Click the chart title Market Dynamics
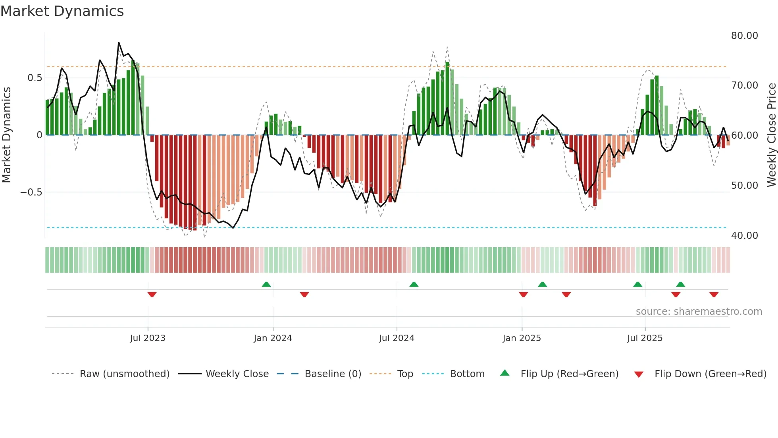coord(62,11)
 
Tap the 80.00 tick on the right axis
coord(744,36)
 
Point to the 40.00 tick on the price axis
coord(744,236)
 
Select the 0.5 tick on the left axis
coord(35,78)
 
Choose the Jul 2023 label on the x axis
coord(148,338)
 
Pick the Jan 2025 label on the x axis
coord(522,338)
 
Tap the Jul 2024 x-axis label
coord(397,338)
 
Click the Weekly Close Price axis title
coord(771,135)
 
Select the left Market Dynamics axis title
coord(6,135)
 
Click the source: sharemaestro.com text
coord(699,312)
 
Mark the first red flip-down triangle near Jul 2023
coord(152,295)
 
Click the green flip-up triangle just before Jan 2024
coord(266,284)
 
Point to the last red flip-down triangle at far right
coord(714,295)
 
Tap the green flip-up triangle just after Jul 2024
coord(414,284)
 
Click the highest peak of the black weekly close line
coord(119,43)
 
